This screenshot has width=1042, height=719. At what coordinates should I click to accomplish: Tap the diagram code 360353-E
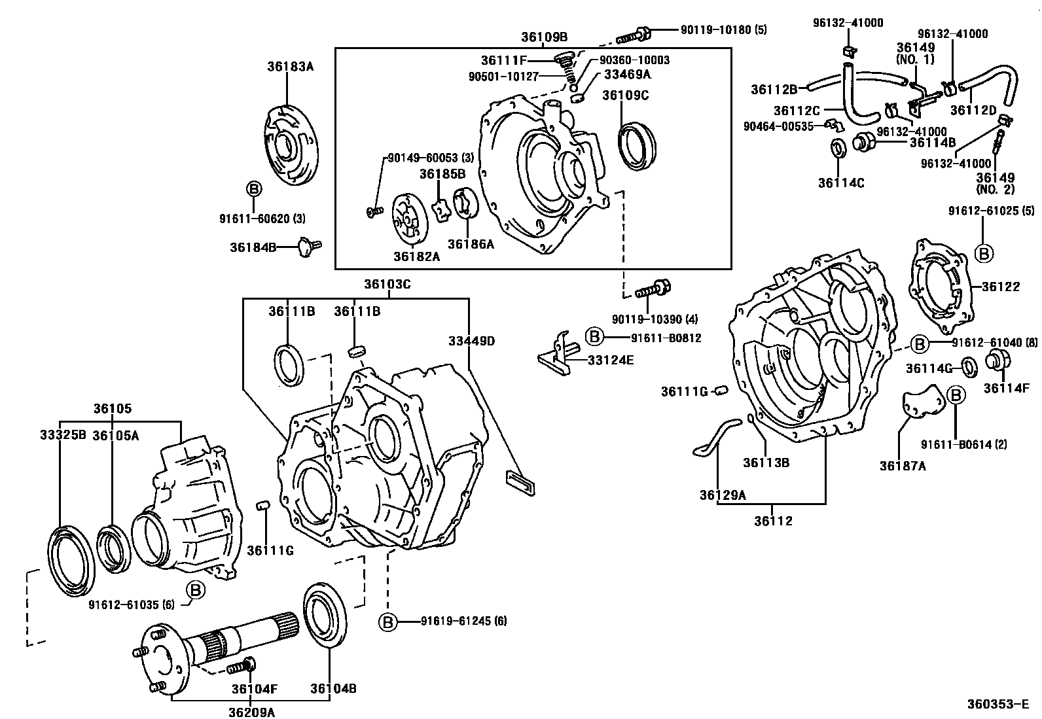pyautogui.click(x=1000, y=705)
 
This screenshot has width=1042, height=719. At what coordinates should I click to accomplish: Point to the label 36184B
pyautogui.click(x=253, y=247)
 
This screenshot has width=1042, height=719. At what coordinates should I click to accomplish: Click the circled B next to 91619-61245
pyautogui.click(x=387, y=622)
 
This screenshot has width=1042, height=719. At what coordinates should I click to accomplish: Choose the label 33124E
pyautogui.click(x=610, y=360)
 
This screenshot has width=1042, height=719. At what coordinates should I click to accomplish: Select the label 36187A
pyautogui.click(x=903, y=466)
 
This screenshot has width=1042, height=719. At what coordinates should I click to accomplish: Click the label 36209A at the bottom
pyautogui.click(x=251, y=712)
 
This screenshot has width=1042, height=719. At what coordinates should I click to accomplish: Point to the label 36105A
pyautogui.click(x=115, y=435)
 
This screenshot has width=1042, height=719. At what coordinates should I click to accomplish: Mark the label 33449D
pyautogui.click(x=471, y=341)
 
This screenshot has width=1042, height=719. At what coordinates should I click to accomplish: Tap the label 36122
pyautogui.click(x=1001, y=287)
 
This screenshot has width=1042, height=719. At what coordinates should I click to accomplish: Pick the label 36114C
pyautogui.click(x=840, y=183)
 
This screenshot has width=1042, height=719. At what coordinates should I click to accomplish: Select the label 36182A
pyautogui.click(x=416, y=257)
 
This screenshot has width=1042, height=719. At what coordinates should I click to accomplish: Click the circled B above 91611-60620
pyautogui.click(x=253, y=189)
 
